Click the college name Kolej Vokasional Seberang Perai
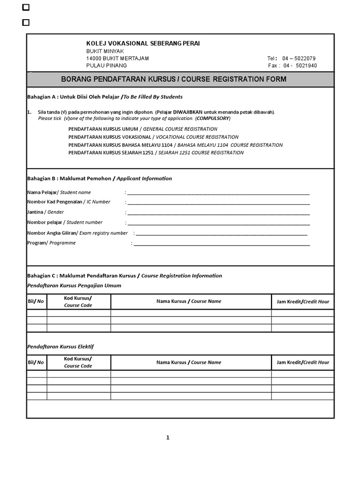tap(143, 44)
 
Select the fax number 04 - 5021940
tap(300, 66)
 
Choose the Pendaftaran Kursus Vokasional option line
tap(153, 137)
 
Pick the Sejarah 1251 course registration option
tap(156, 153)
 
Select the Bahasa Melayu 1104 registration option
tap(175, 145)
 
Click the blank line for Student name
tap(218, 193)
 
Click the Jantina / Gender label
tap(45, 212)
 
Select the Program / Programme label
tap(51, 243)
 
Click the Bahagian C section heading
tap(124, 276)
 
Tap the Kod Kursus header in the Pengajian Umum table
tap(78, 301)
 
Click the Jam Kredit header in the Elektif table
tap(303, 362)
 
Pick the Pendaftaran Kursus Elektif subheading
tap(60, 346)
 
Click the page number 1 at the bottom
tap(168, 438)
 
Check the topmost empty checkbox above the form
tap(26, 7)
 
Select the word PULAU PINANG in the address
tap(106, 66)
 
